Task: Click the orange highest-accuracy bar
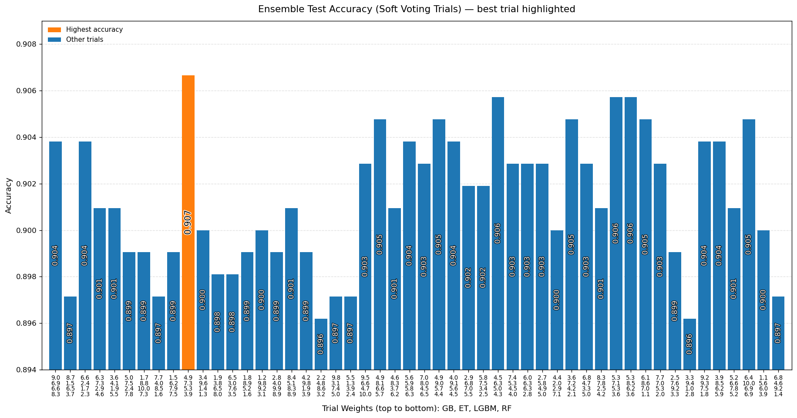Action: click(188, 222)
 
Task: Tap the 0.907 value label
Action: click(188, 222)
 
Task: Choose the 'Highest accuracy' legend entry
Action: click(94, 30)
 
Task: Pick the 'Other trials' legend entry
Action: click(84, 40)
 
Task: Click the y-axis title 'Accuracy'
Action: click(9, 196)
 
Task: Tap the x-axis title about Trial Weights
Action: click(417, 408)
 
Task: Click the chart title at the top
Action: click(417, 9)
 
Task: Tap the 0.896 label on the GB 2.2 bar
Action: click(321, 344)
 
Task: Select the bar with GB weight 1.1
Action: click(763, 300)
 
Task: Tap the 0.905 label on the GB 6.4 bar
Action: click(749, 244)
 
